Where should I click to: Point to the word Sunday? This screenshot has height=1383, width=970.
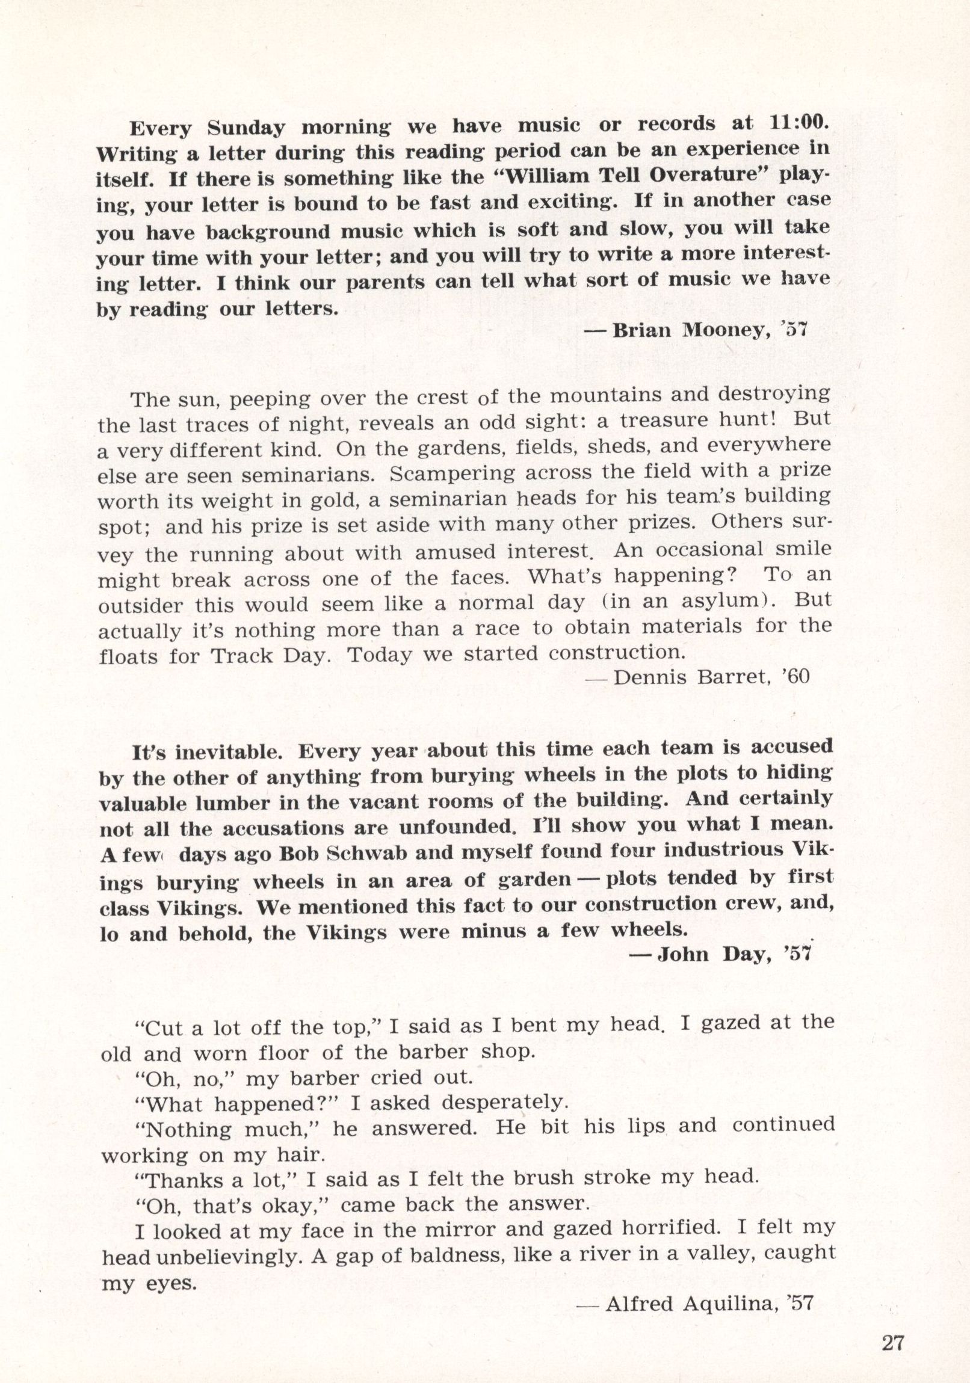pyautogui.click(x=246, y=128)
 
